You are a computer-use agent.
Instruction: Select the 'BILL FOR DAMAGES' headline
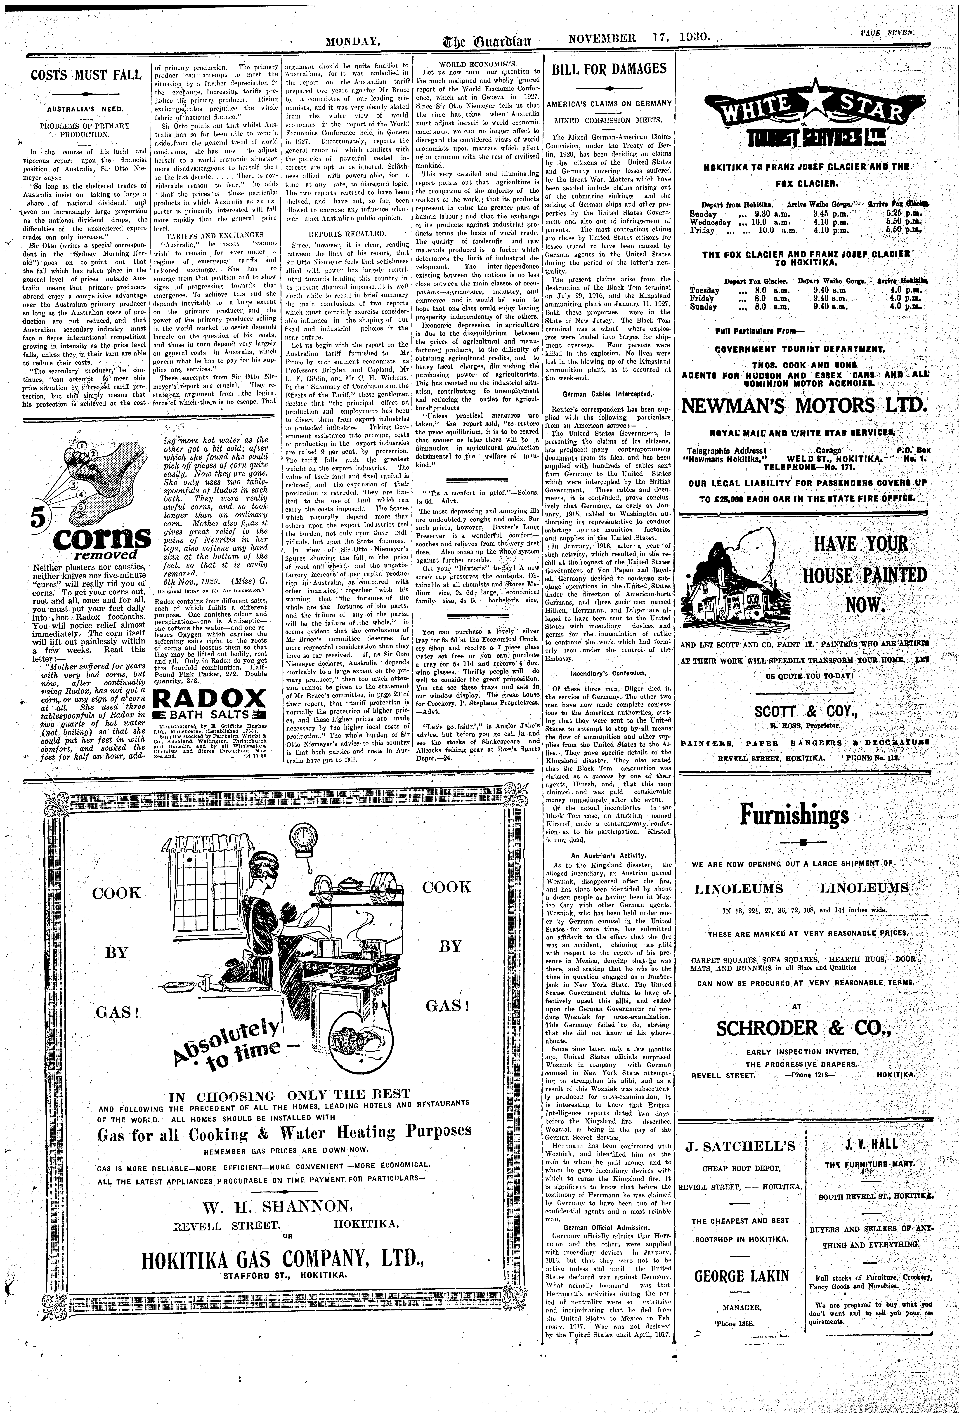(x=609, y=69)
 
